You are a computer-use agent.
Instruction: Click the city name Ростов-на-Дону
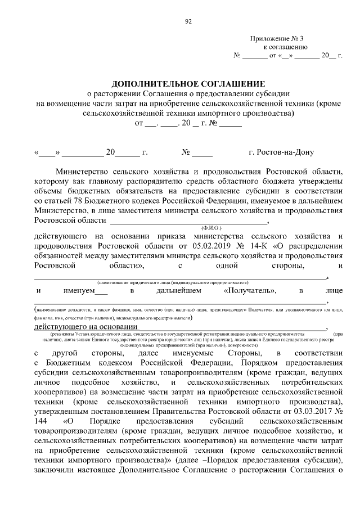point(281,152)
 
